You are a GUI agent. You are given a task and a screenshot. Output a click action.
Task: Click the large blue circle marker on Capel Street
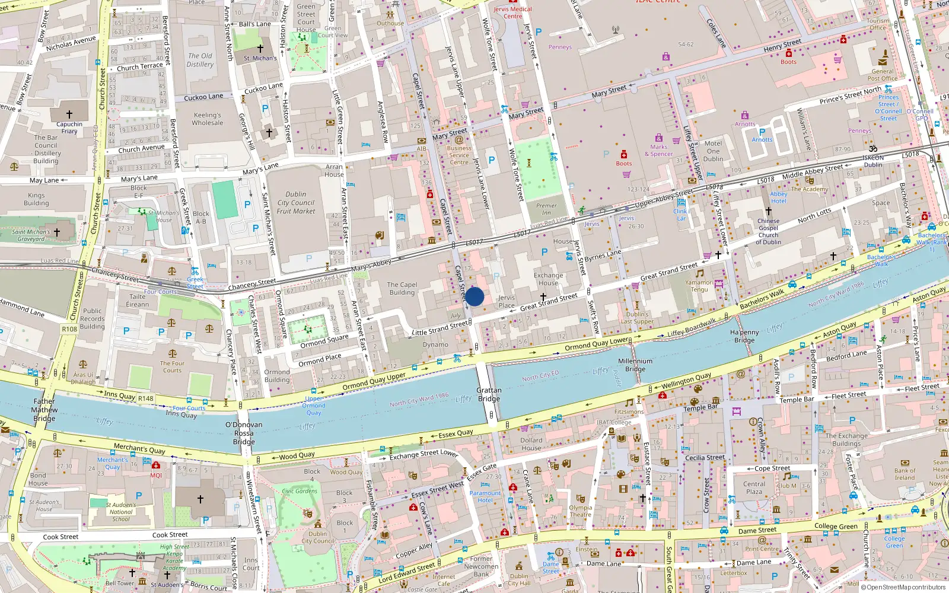(474, 296)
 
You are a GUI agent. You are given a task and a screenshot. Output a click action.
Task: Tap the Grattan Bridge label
(489, 394)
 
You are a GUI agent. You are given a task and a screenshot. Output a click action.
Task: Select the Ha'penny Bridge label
(744, 336)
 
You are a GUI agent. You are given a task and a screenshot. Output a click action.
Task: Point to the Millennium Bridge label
(635, 365)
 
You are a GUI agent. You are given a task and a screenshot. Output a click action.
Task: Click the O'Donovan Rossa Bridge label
(244, 433)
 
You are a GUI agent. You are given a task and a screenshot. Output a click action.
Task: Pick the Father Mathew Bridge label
(44, 410)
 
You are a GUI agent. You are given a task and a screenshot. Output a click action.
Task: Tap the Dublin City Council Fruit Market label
(296, 202)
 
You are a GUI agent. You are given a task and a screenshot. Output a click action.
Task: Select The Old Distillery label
(200, 60)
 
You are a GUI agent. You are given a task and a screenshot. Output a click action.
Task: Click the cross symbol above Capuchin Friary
(69, 114)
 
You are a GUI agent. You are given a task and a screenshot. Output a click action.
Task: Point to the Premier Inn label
(546, 209)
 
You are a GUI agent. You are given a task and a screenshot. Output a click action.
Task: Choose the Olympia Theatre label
(581, 511)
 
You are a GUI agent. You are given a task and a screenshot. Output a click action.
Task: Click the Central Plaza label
(754, 487)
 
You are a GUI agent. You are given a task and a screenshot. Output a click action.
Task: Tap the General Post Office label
(883, 75)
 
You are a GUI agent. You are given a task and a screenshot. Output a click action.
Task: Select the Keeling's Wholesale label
(208, 119)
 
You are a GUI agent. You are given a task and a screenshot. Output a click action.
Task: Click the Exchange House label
(548, 279)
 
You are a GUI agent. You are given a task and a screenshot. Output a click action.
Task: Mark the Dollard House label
(531, 444)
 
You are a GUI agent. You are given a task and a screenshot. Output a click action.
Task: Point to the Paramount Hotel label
(485, 496)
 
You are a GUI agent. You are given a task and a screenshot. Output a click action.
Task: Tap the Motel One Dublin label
(713, 151)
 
